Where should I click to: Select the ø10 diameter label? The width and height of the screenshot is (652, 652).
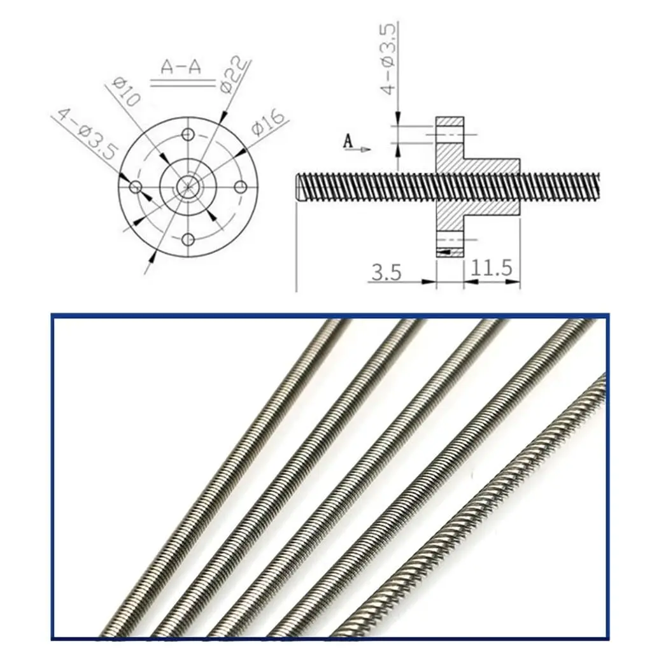pyautogui.click(x=125, y=92)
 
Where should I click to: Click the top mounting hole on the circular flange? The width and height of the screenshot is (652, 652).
pyautogui.click(x=187, y=134)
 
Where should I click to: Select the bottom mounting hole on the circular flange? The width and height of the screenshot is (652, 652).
pyautogui.click(x=187, y=239)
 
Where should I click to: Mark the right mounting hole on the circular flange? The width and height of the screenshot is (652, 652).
pyautogui.click(x=240, y=187)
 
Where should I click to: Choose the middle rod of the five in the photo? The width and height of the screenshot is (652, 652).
pyautogui.click(x=357, y=478)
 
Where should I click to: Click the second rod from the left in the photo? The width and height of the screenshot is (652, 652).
pyautogui.click(x=287, y=478)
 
